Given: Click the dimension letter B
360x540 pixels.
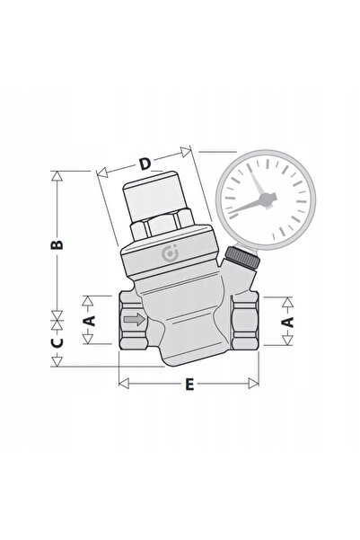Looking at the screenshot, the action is point(57,244).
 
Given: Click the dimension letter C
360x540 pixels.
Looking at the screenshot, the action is point(57,342).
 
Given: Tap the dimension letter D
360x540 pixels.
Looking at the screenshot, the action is point(145,164).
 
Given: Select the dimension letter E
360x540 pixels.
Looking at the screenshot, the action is point(189,384).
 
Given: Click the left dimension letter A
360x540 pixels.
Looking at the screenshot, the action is point(89,321).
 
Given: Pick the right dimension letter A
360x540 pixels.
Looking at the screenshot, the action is point(287,322).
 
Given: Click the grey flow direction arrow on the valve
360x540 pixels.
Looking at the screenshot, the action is point(135,320).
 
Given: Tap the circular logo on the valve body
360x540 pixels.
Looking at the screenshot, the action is point(170,253).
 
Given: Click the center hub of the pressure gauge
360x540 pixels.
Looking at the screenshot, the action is point(266,199).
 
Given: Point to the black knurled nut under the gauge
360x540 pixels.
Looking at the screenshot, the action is point(242,258).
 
